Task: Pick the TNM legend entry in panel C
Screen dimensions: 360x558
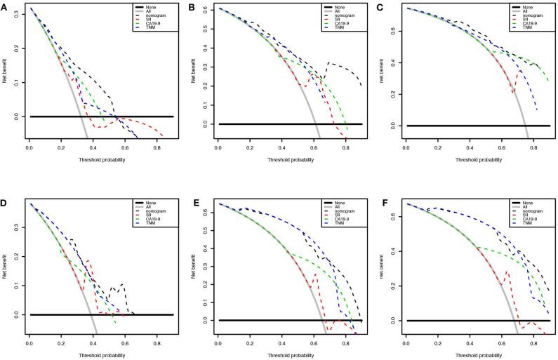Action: tap(528, 28)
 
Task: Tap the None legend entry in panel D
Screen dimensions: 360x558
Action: tap(152, 202)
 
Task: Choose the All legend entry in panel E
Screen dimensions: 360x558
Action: tap(339, 206)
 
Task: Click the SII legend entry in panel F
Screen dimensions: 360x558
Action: tap(526, 215)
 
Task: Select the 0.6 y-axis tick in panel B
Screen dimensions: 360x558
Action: tap(207, 10)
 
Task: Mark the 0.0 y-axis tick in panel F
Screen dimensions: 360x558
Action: tap(395, 320)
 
